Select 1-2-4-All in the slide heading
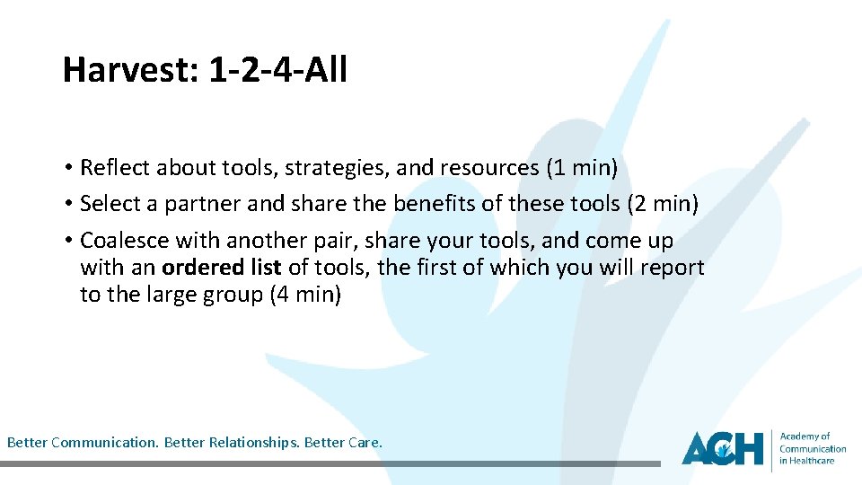point(277,69)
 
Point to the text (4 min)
point(304,295)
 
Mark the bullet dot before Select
point(68,205)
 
